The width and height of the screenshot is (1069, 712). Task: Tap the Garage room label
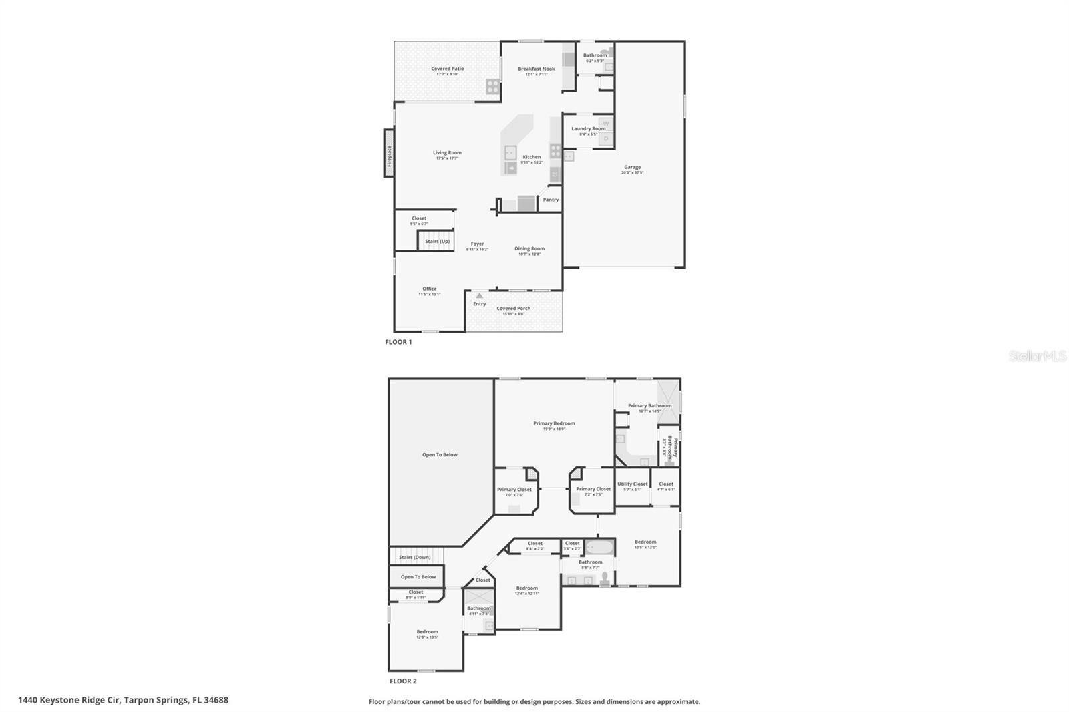632,167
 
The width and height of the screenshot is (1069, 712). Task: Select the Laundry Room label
588,128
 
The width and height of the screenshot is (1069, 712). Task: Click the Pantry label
551,200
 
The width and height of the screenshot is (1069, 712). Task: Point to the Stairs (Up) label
438,241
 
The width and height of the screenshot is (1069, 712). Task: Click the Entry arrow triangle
479,295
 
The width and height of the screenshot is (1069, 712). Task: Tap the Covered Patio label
447,69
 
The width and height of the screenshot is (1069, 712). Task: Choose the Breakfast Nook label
536,69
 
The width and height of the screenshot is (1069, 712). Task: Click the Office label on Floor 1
429,289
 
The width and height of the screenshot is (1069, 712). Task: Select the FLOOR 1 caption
398,342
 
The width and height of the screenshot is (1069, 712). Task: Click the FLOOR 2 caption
403,681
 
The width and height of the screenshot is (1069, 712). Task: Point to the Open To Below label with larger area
440,455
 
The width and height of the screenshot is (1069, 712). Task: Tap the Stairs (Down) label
414,557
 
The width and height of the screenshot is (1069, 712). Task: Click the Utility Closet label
632,484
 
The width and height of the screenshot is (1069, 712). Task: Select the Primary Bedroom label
554,423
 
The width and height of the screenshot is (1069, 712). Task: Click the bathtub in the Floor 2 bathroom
600,547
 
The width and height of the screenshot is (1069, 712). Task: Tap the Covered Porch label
513,309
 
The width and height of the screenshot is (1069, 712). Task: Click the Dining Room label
529,248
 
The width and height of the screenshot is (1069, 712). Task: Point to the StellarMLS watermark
1037,356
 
